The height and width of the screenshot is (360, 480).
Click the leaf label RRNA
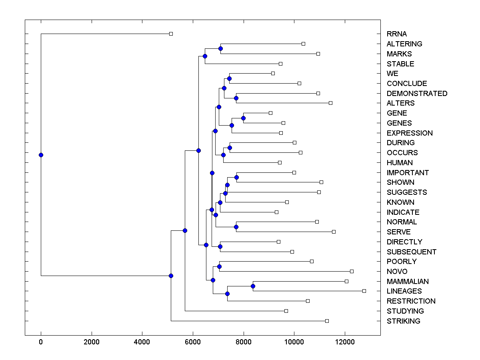click(x=396, y=34)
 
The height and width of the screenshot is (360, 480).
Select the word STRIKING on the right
click(x=403, y=321)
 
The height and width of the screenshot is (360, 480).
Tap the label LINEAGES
click(x=404, y=291)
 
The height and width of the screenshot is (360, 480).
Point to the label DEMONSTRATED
click(x=417, y=94)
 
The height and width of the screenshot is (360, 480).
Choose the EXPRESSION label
click(x=410, y=133)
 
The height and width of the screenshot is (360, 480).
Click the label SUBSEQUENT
click(x=411, y=252)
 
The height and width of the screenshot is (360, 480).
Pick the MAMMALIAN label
click(x=408, y=282)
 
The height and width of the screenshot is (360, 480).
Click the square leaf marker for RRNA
click(x=171, y=34)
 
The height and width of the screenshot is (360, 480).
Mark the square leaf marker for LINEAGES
click(x=364, y=291)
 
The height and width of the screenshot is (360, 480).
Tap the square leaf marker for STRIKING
click(x=327, y=321)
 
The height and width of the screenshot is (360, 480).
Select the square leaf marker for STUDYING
click(x=286, y=311)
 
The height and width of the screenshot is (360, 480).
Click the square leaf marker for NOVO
click(x=352, y=271)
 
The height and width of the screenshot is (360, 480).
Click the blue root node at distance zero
click(x=41, y=155)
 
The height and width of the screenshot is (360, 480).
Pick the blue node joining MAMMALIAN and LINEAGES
click(x=253, y=286)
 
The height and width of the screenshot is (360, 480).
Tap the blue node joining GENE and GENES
click(x=243, y=118)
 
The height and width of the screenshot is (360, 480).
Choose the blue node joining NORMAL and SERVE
click(x=236, y=227)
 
